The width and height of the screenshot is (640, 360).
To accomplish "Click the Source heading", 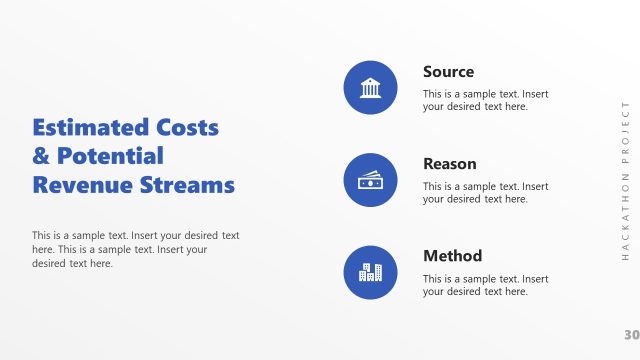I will point(448,72).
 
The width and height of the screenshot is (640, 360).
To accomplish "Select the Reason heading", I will point(449,164).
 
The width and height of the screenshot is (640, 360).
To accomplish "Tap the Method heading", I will point(452,256).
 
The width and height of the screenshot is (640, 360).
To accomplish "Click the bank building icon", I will point(370,87).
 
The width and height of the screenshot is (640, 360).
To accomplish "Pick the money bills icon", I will point(370,180).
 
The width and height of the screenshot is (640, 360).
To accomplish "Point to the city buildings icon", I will point(370,272).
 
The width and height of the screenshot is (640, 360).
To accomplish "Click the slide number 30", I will point(630,334).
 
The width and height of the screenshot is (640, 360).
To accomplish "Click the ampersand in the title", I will point(41,156).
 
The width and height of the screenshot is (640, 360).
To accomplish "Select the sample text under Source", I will point(485,100).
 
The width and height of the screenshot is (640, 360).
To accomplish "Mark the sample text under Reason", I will point(485,193).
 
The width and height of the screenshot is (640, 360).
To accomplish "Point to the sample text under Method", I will point(485,285).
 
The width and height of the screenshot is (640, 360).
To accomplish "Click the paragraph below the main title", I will point(135,250).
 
